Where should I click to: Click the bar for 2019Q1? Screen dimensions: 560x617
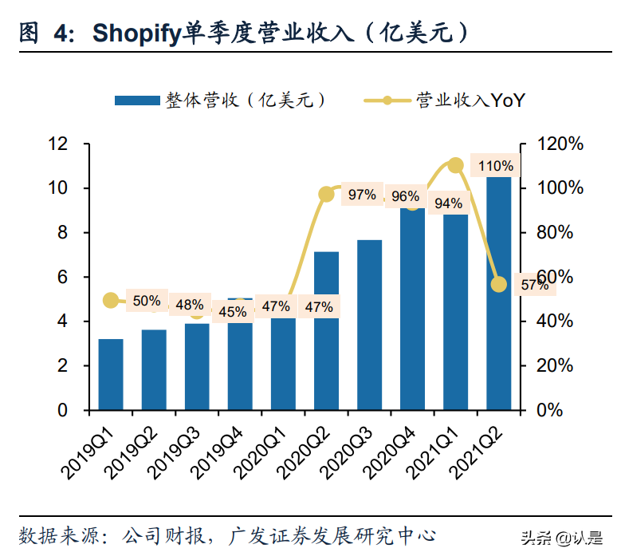point(111,374)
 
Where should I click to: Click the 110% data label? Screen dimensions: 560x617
point(495,166)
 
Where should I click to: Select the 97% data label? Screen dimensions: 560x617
point(362,195)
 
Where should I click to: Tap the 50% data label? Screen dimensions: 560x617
point(147,301)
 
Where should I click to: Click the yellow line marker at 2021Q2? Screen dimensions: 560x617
point(499,284)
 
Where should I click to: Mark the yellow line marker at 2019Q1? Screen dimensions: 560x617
point(111,300)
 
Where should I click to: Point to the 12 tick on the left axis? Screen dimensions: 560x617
point(57,144)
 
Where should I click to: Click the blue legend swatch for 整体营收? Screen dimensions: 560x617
point(136,101)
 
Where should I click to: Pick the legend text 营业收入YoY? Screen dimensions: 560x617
point(470,101)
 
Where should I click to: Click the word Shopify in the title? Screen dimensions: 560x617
point(136,33)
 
